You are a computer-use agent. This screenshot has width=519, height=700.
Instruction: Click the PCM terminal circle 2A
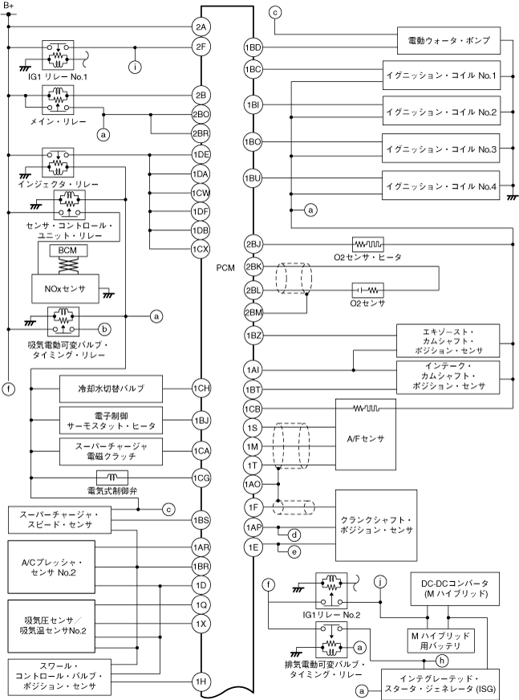pyautogui.click(x=201, y=26)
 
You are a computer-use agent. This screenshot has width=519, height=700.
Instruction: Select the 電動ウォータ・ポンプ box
pyautogui.click(x=448, y=41)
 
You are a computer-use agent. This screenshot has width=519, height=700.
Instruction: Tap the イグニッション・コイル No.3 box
pyautogui.click(x=441, y=149)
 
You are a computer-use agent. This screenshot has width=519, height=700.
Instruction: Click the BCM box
pyautogui.click(x=67, y=250)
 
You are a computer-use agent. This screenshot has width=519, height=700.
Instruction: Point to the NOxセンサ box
pyautogui.click(x=65, y=289)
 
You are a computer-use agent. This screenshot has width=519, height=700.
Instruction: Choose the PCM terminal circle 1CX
pyautogui.click(x=201, y=249)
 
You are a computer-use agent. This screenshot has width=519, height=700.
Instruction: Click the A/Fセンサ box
pyautogui.click(x=366, y=434)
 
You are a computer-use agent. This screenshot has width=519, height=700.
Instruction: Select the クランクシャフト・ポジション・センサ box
pyautogui.click(x=376, y=525)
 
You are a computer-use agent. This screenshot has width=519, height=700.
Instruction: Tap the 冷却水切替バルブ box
pyautogui.click(x=111, y=389)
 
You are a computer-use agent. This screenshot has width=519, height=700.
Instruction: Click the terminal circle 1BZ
pyautogui.click(x=253, y=336)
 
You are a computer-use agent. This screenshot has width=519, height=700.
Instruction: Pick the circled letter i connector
pyautogui.click(x=135, y=67)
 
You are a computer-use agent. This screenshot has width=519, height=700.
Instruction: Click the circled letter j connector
pyautogui.click(x=380, y=582)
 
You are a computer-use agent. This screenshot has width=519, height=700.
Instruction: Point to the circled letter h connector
pyautogui.click(x=442, y=661)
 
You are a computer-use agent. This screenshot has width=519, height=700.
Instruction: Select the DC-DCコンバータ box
pyautogui.click(x=454, y=589)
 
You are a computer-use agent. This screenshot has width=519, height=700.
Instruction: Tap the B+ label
pyautogui.click(x=9, y=6)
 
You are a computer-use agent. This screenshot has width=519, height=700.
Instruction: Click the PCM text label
pyautogui.click(x=225, y=268)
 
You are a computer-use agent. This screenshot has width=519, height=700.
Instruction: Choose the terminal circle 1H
pyautogui.click(x=201, y=682)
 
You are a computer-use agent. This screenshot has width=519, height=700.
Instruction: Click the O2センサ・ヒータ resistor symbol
pyautogui.click(x=367, y=244)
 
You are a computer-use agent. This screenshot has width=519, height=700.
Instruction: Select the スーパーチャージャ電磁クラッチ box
pyautogui.click(x=111, y=451)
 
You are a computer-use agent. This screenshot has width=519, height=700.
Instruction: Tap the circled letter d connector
pyautogui.click(x=294, y=535)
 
